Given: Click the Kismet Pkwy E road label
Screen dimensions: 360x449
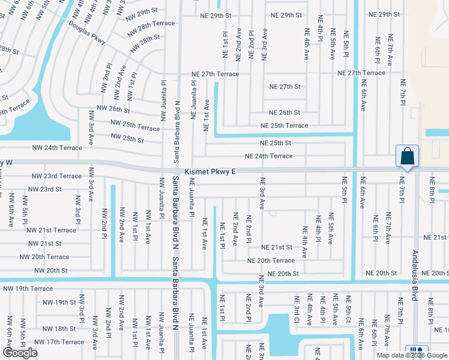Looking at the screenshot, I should [210, 172].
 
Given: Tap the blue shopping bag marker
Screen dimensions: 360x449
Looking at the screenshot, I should [407, 157].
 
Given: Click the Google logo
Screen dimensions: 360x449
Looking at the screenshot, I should [20, 353].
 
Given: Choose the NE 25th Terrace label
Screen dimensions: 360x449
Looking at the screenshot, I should [284, 125].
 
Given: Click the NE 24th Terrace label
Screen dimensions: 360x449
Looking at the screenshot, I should [268, 156].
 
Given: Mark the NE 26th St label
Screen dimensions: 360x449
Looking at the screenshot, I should [285, 112].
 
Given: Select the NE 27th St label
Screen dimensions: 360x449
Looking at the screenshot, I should [285, 86].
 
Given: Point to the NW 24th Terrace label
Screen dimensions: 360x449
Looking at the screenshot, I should [57, 147].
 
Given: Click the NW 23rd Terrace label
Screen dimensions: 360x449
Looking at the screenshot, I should [56, 176].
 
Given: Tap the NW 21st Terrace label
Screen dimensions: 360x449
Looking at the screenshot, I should [51, 230].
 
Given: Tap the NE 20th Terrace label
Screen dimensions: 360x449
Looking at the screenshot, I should [271, 260].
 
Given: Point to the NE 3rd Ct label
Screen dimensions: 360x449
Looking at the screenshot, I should [297, 312].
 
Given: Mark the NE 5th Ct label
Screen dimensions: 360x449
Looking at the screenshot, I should [347, 311].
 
